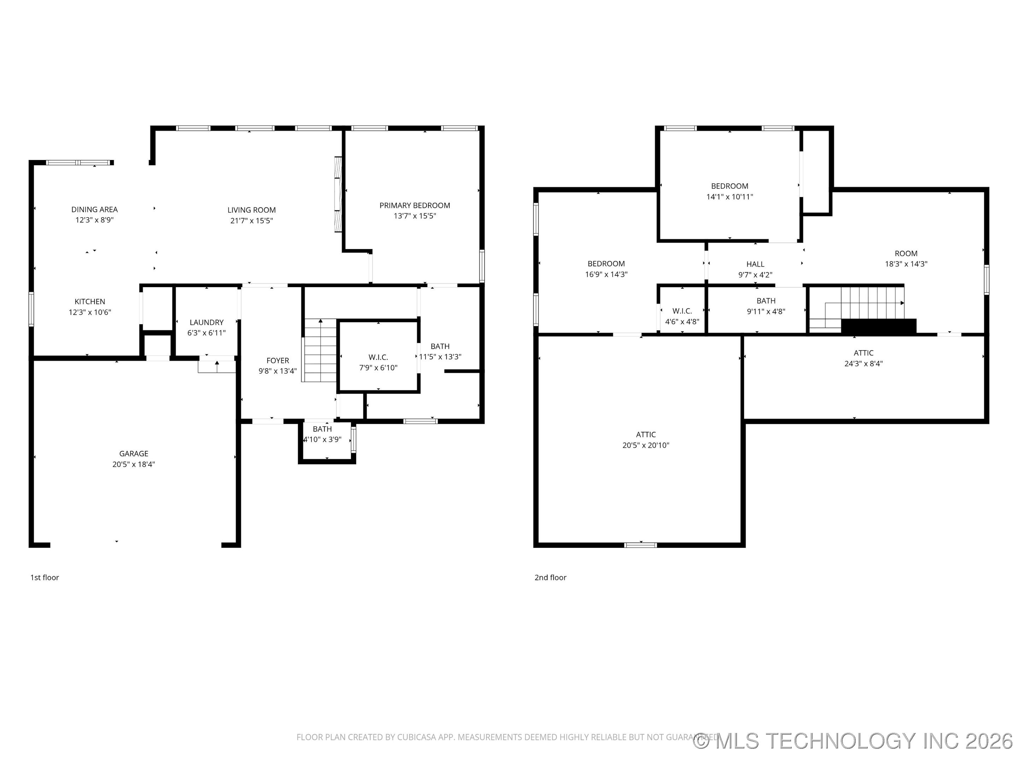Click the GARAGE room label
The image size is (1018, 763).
[x=134, y=454]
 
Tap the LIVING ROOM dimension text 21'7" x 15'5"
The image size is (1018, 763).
[x=251, y=221]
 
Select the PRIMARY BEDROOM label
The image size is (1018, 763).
[x=414, y=206]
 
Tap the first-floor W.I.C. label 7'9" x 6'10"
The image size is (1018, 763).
[x=378, y=367]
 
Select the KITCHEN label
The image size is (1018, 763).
[x=90, y=302]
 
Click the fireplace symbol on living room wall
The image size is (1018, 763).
[x=338, y=194]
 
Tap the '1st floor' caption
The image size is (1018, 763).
[x=45, y=577]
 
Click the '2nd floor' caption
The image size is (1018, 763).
[x=550, y=577]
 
